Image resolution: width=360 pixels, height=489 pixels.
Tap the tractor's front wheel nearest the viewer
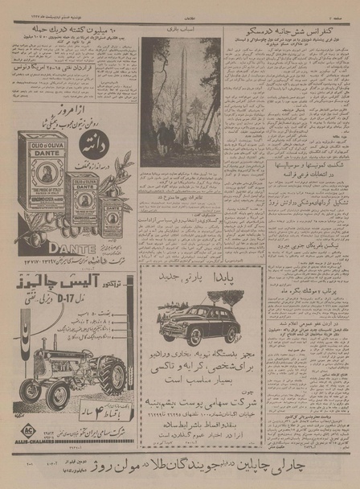pos(58,395)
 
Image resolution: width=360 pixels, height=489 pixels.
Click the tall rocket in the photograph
pos(180,97)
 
